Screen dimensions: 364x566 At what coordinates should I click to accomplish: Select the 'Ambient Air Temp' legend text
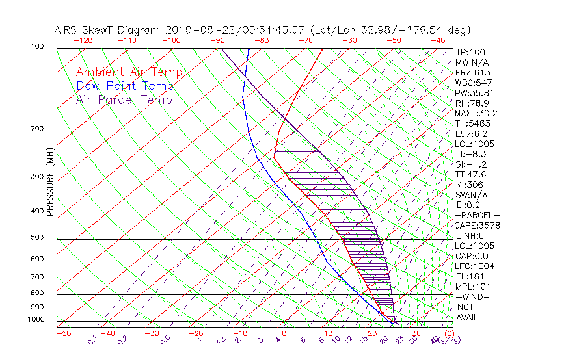click(129, 72)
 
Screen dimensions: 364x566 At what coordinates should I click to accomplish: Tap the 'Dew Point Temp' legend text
click(125, 86)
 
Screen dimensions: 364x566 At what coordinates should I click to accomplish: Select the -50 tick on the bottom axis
click(63, 334)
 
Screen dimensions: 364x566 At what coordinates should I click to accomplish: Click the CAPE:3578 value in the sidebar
click(477, 226)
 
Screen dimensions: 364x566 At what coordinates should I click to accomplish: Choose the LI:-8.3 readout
click(470, 154)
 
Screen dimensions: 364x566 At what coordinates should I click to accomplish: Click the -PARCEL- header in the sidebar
click(477, 215)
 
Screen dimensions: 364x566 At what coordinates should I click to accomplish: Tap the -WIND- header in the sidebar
click(472, 296)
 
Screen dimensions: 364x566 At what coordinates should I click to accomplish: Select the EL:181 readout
click(468, 276)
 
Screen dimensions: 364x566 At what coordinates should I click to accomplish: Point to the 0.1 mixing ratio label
click(92, 339)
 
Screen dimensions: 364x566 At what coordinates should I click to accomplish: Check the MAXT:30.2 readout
click(477, 113)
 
